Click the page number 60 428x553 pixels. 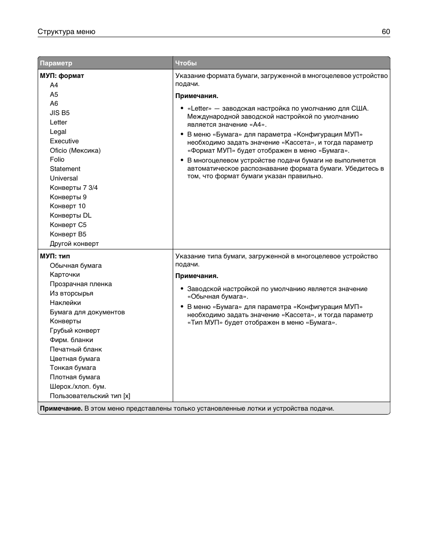(x=386, y=32)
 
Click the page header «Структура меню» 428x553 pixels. (x=66, y=32)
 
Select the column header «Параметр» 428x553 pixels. (x=56, y=63)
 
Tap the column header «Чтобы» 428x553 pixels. (x=186, y=63)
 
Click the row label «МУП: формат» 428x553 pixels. (x=62, y=76)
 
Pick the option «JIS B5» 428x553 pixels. (x=60, y=113)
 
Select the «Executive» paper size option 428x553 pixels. (x=64, y=141)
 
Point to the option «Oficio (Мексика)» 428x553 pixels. (x=75, y=150)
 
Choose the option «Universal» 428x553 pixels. (x=64, y=178)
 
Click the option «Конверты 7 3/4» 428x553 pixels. (x=74, y=188)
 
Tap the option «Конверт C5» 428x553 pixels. (x=68, y=225)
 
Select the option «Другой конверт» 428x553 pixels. (x=74, y=244)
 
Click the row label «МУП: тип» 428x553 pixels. (x=55, y=256)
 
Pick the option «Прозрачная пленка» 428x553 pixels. (x=81, y=284)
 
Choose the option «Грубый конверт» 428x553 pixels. (x=75, y=330)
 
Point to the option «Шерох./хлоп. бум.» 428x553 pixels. (x=78, y=386)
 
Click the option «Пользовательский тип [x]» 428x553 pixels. (x=90, y=396)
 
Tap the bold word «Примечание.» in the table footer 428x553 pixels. (x=61, y=408)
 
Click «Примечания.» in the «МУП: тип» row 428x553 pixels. (x=197, y=276)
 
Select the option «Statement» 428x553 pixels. (x=65, y=169)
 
